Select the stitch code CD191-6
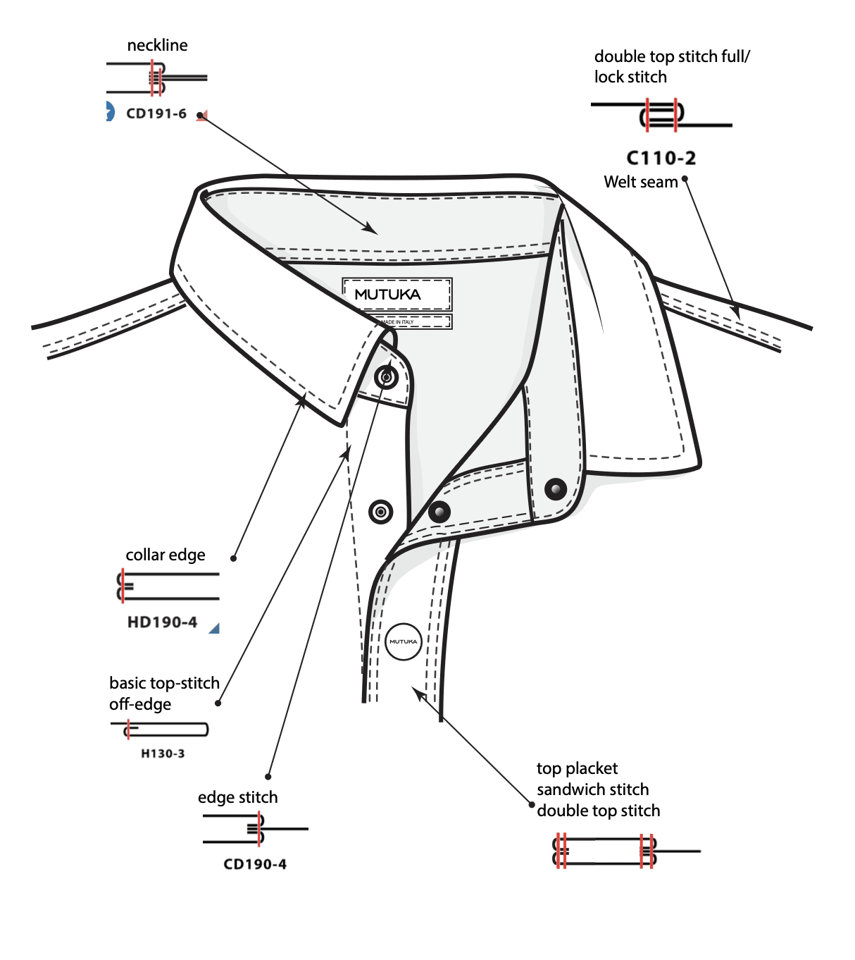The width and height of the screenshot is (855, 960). pos(156,113)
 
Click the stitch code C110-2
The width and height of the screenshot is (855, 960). pos(661,158)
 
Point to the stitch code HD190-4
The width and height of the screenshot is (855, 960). pos(162,622)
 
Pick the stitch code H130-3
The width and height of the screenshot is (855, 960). pos(163,753)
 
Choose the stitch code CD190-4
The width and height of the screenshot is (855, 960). pos(255,864)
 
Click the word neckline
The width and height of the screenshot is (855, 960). pos(157,46)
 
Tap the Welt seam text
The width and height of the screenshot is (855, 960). pos(640,182)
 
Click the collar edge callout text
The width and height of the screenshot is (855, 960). pos(166,555)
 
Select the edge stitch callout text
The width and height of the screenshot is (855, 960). pos(237,797)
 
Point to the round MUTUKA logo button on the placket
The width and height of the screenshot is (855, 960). pos(404,641)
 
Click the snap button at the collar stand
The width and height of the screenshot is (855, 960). pos(386,377)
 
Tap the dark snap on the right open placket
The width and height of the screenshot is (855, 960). pos(556,488)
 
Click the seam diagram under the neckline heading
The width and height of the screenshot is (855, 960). pos(157,78)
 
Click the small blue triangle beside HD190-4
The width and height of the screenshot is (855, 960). pos(215,628)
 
